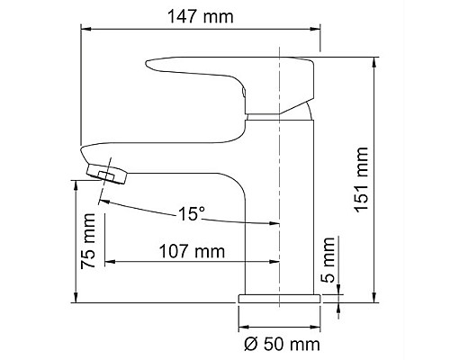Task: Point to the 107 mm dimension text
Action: click(x=192, y=251)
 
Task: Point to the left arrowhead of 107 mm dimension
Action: click(x=112, y=263)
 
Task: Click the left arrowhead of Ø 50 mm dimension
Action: click(x=244, y=327)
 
